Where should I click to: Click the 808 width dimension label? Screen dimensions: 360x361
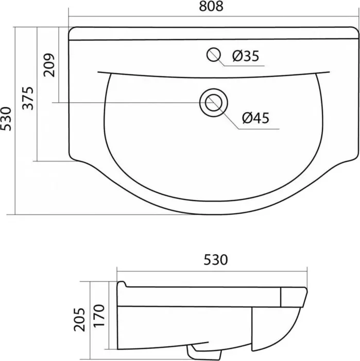(211, 6)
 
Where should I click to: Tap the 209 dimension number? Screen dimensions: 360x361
(49, 65)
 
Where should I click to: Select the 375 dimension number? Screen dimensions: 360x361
(28, 99)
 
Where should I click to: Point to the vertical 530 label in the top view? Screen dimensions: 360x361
(6, 119)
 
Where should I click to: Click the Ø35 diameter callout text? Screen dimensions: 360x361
(246, 56)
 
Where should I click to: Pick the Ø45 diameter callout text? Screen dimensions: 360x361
(255, 118)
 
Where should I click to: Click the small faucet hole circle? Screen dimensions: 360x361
(214, 55)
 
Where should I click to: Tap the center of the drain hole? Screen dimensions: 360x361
(214, 103)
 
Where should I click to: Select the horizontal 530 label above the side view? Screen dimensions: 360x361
(216, 260)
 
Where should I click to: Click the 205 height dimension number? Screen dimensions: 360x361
(79, 320)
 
